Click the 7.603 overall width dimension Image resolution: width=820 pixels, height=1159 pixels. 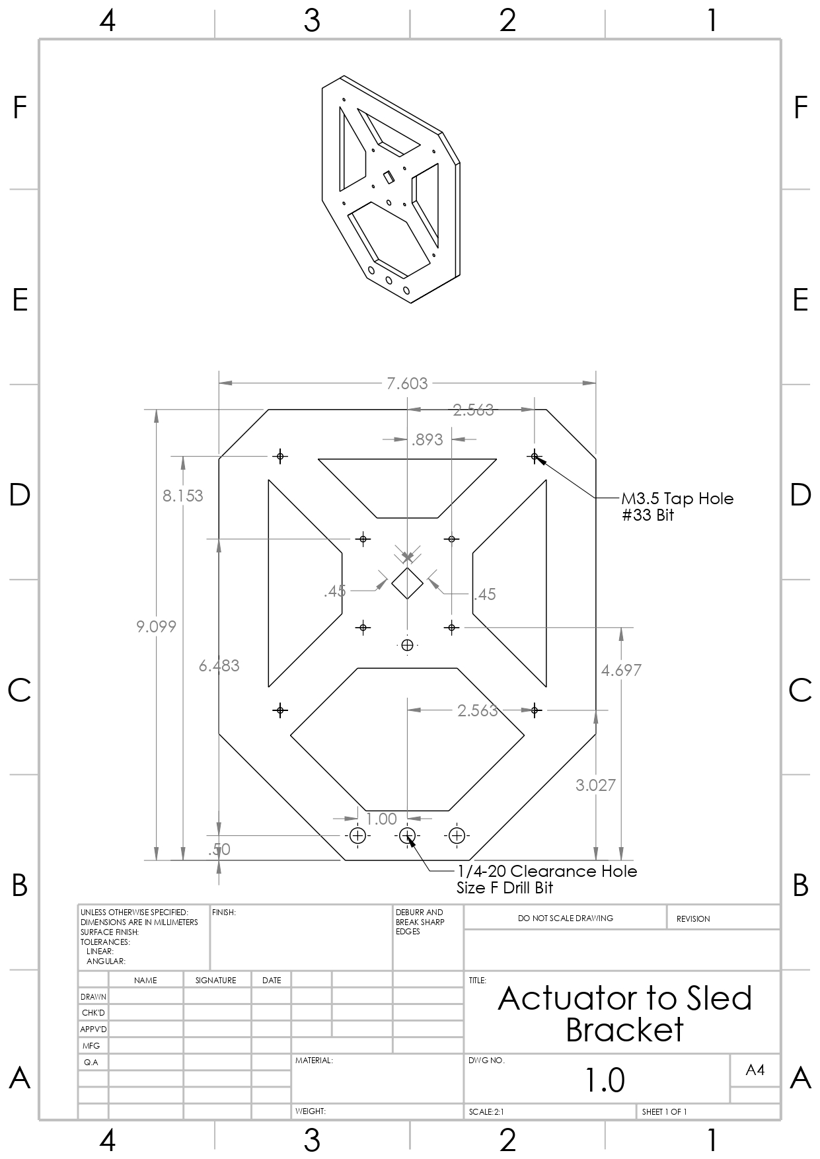click(x=407, y=383)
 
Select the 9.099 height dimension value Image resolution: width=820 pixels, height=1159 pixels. click(x=157, y=626)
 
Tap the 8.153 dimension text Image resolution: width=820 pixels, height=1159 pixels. click(x=183, y=496)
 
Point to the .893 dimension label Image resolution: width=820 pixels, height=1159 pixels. click(x=427, y=439)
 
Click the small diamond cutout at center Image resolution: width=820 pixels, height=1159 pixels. click(x=408, y=583)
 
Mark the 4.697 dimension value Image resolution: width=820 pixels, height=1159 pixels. click(x=621, y=670)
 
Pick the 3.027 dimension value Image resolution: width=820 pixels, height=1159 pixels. click(x=595, y=785)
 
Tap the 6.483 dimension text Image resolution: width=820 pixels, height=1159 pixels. click(x=219, y=665)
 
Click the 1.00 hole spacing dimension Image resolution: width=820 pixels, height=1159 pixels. click(x=381, y=819)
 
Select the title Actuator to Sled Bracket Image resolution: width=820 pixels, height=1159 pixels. click(x=624, y=1014)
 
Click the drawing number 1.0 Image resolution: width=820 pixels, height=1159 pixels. click(x=605, y=1080)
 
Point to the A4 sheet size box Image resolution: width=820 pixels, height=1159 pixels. click(x=755, y=1070)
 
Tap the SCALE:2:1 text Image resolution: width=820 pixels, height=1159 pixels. click(x=486, y=1112)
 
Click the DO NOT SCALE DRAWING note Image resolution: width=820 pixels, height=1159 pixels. click(x=565, y=918)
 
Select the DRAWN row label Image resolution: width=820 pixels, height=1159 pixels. click(x=93, y=996)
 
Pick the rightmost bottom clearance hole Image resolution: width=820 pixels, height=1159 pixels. click(x=457, y=836)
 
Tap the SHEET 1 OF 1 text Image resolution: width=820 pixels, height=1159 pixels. click(x=664, y=1112)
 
